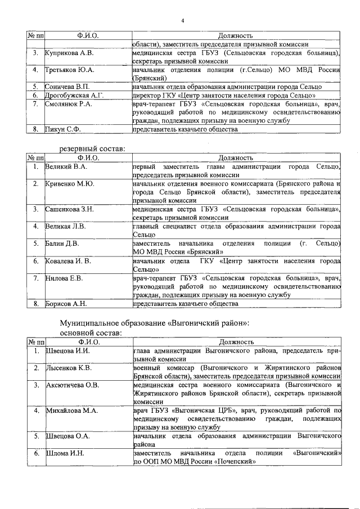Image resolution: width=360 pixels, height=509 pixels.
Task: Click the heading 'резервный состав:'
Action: tap(92, 149)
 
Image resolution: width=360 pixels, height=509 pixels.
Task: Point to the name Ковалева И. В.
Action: tap(69, 261)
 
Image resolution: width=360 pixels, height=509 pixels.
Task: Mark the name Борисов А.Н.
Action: tap(66, 304)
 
